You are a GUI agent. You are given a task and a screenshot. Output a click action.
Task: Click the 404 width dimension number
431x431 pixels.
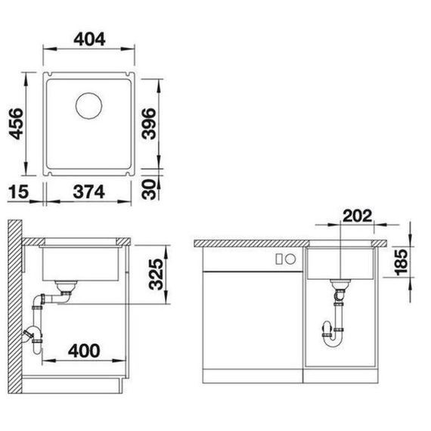coord(89,39)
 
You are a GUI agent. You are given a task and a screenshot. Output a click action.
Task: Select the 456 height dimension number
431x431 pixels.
coord(16,124)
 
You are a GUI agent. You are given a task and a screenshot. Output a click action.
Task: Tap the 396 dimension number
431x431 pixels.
coord(149,124)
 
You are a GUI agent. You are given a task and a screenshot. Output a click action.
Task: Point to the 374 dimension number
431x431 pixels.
coord(88,191)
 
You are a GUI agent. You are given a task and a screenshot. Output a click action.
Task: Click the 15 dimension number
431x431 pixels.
coord(18,191)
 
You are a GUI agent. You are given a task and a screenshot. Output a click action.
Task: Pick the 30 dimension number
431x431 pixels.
coord(149,189)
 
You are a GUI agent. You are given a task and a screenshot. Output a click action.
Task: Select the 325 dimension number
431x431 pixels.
coord(156,274)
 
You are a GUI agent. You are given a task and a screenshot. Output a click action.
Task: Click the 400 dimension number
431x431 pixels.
coord(84,351)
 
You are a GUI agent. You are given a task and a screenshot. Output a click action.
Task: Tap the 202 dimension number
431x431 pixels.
coord(358,215)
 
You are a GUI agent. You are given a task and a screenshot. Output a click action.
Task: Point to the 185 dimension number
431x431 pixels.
coord(401,262)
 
